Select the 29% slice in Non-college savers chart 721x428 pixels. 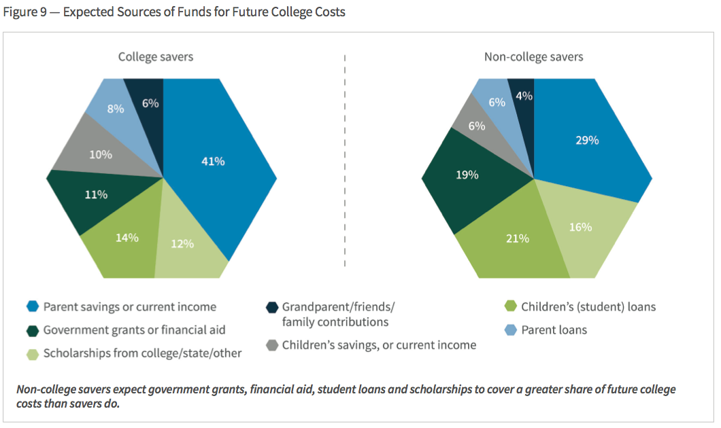pos(586,141)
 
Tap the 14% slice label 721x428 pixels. pos(127,238)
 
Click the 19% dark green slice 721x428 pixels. pos(467,175)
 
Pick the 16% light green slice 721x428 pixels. pos(580,228)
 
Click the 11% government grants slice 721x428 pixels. pos(97,195)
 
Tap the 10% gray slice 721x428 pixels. pos(101,154)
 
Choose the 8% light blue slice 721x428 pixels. pos(116,108)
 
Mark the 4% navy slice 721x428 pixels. pos(524,96)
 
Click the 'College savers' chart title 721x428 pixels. pos(156,56)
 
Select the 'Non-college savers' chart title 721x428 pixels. pos(533,56)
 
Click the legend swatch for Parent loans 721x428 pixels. pos(509,330)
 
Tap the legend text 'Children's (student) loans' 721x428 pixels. pos(588,306)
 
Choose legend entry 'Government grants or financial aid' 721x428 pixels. pos(134,330)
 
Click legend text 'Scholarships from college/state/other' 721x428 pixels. pos(142,353)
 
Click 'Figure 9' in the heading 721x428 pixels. pos(27,12)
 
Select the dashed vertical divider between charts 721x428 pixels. pos(345,163)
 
